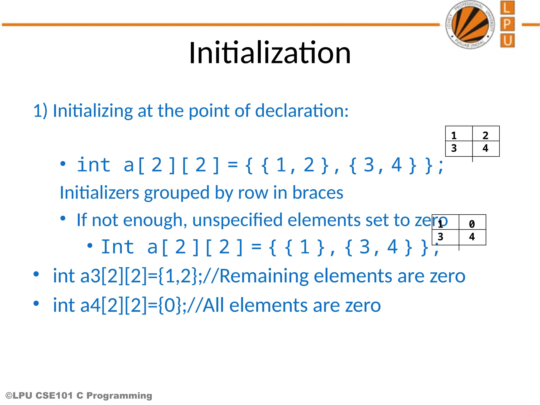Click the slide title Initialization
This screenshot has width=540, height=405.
click(x=270, y=53)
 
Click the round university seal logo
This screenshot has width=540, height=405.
click(x=470, y=25)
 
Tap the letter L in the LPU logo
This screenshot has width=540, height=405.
click(x=507, y=8)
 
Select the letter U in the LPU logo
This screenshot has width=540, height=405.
click(x=507, y=41)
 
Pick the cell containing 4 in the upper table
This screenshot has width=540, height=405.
click(x=486, y=148)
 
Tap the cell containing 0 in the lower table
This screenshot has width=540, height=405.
click(x=472, y=224)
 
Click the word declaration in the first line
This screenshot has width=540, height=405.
click(x=302, y=110)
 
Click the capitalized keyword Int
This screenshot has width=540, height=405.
click(x=118, y=247)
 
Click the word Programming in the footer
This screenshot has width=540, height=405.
click(x=119, y=396)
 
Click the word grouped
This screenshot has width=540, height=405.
click(x=177, y=192)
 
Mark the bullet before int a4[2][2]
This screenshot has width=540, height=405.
click(x=36, y=303)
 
